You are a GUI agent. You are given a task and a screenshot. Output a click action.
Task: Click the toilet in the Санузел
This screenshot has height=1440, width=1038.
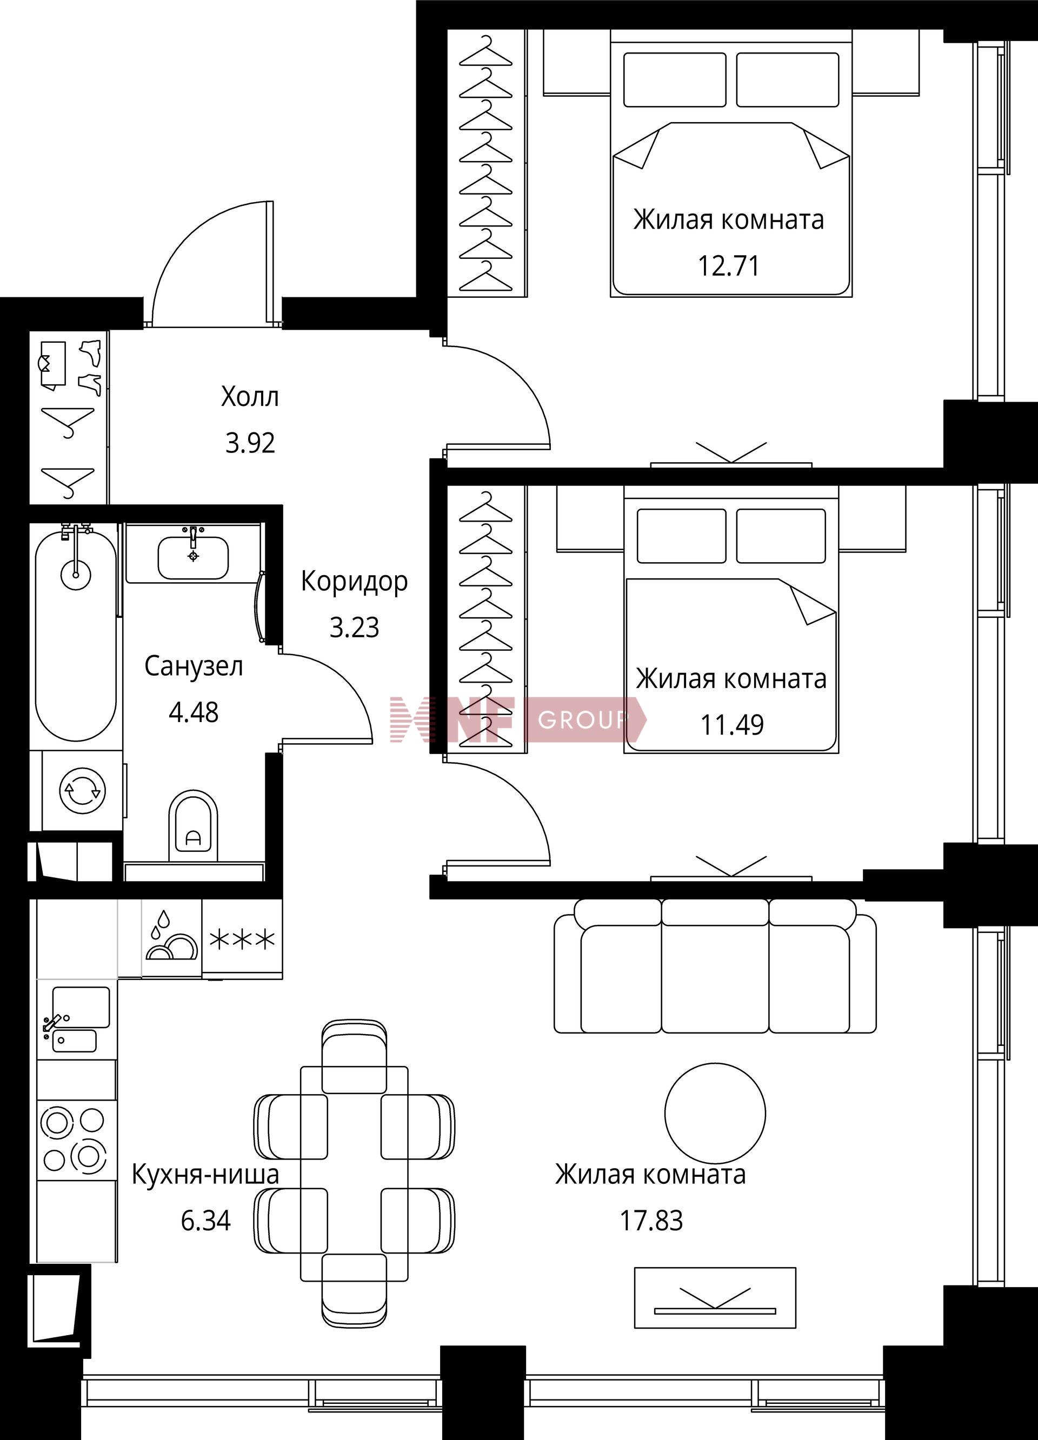pos(193,825)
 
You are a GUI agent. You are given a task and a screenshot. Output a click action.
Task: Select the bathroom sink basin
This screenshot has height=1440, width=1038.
pos(193,557)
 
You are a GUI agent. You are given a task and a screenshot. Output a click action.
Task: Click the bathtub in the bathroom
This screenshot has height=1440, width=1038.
pos(76,632)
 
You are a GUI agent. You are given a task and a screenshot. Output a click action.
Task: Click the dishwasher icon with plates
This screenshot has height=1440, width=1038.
pos(171,938)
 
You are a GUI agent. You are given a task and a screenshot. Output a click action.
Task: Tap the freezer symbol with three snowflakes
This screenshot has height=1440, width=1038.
pos(243,938)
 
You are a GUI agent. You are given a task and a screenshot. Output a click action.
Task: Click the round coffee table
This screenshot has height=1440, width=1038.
pos(715,1114)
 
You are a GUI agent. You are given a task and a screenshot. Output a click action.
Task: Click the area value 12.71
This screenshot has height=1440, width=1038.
pos(729,265)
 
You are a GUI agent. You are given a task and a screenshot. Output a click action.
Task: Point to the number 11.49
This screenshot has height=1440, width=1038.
pos(732,724)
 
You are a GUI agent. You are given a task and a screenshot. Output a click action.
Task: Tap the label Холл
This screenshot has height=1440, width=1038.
pos(250,397)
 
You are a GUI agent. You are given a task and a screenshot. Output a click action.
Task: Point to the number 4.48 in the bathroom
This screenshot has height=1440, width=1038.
pos(194,712)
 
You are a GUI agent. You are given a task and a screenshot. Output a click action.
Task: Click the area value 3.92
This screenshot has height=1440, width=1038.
pos(251,443)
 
